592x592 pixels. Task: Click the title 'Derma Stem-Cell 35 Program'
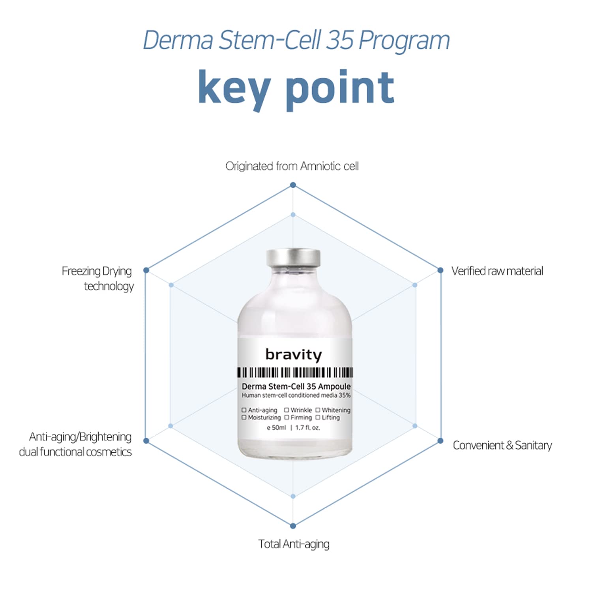tap(296, 40)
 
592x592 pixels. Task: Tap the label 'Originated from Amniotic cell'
tap(292, 167)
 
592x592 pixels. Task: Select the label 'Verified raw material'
tap(497, 271)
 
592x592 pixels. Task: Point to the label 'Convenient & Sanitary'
tap(502, 445)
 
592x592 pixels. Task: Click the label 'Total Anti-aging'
tap(294, 544)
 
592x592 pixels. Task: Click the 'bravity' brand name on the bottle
tap(294, 354)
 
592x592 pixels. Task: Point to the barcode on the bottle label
tap(295, 373)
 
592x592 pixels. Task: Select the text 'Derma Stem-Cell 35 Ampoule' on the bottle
tap(296, 386)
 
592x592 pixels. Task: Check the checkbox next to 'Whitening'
tap(318, 410)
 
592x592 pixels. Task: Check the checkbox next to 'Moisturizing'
tap(244, 417)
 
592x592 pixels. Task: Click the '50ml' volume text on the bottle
tap(278, 427)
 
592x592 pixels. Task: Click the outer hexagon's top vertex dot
tap(293, 185)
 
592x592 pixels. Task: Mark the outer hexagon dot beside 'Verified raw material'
tap(440, 270)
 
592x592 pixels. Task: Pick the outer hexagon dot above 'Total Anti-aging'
tap(293, 526)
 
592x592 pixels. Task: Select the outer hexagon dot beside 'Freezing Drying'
tap(146, 270)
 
